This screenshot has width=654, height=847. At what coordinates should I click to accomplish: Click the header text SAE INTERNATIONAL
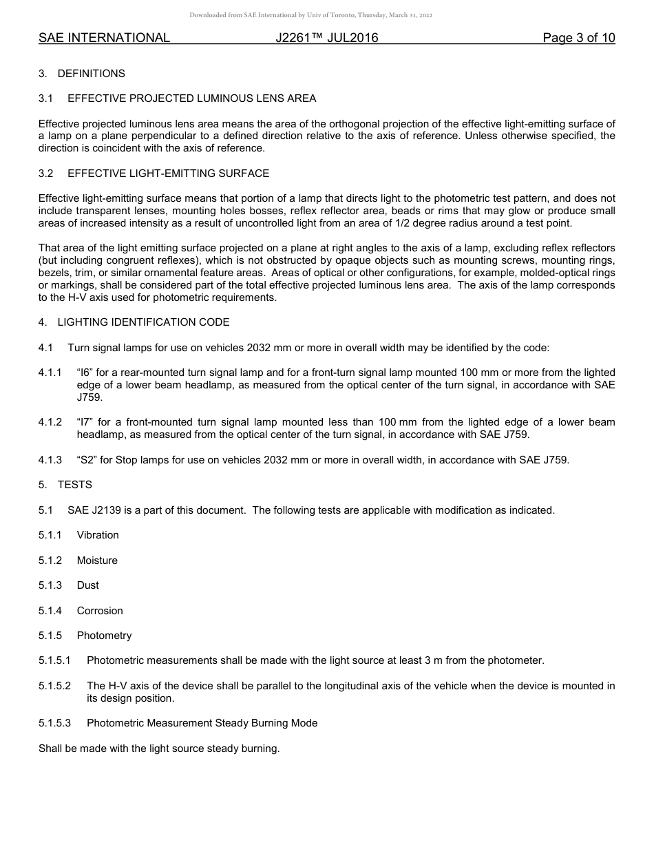click(104, 38)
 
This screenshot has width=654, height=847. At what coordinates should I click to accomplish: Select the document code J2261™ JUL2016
click(327, 38)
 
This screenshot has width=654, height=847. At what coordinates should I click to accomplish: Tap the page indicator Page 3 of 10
click(578, 38)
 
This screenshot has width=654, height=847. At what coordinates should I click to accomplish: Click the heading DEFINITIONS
click(91, 74)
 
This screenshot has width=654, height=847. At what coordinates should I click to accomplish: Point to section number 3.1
click(45, 98)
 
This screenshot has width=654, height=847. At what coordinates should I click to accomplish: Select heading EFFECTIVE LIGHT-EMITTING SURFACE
click(168, 174)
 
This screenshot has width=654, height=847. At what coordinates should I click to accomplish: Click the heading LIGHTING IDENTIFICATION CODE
click(143, 322)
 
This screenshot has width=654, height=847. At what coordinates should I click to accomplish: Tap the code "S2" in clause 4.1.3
click(87, 460)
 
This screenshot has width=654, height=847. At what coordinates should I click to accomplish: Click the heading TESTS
click(74, 485)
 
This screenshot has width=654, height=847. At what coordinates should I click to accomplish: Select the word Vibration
click(98, 535)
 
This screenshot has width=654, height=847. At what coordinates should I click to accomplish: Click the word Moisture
click(97, 561)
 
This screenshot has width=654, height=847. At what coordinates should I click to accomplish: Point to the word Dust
click(87, 585)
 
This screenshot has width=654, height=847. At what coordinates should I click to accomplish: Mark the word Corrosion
click(100, 611)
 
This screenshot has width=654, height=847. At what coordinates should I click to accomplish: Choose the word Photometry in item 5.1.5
click(104, 636)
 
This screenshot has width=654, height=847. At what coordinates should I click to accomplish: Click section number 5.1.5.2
click(54, 686)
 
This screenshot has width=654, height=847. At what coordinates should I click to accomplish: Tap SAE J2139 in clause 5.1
click(92, 510)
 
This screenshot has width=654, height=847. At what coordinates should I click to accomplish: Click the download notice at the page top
click(311, 15)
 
